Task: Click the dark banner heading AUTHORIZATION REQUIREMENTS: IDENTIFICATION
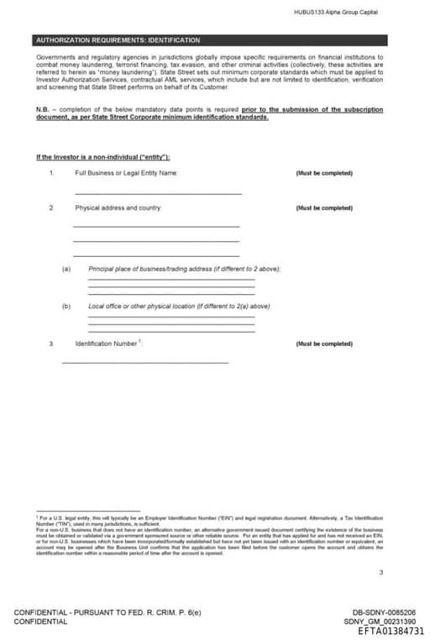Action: pyautogui.click(x=118, y=40)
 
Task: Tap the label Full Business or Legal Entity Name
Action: pyautogui.click(x=126, y=173)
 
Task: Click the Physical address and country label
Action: pyautogui.click(x=118, y=207)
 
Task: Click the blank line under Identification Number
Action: pyautogui.click(x=144, y=363)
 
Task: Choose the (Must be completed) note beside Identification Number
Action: pyautogui.click(x=324, y=344)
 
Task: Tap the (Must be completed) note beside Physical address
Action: pyautogui.click(x=324, y=207)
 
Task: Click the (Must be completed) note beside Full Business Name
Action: pyautogui.click(x=324, y=173)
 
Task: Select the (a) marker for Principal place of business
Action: pyautogui.click(x=66, y=268)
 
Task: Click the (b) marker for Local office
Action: pyautogui.click(x=66, y=307)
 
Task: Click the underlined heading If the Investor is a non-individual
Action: pyautogui.click(x=103, y=157)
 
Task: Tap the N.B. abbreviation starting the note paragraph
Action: pyautogui.click(x=44, y=109)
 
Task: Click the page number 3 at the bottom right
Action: pyautogui.click(x=380, y=574)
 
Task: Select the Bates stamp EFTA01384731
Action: pyautogui.click(x=391, y=631)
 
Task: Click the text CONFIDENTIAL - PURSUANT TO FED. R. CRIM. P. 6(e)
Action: pyautogui.click(x=107, y=612)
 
